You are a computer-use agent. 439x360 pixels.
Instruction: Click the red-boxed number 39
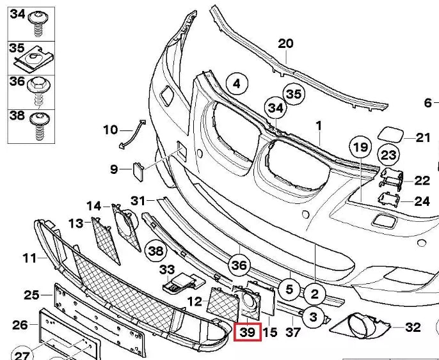[248, 333]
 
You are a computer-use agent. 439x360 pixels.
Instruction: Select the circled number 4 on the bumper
[236, 83]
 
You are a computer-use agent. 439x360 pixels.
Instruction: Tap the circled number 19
[360, 147]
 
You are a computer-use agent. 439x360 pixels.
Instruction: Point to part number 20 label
[285, 43]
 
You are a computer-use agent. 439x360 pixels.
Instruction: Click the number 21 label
[424, 137]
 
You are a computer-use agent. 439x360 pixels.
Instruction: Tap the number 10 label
[110, 130]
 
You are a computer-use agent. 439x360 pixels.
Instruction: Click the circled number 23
[389, 155]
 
